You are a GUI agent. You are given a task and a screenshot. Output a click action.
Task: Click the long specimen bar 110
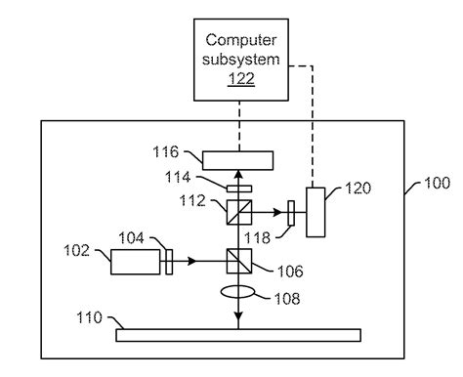(240, 335)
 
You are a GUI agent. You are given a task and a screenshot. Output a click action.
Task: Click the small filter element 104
(168, 261)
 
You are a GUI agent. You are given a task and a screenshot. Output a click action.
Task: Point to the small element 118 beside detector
(291, 208)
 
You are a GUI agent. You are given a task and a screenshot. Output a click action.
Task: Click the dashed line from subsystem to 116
(238, 122)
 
